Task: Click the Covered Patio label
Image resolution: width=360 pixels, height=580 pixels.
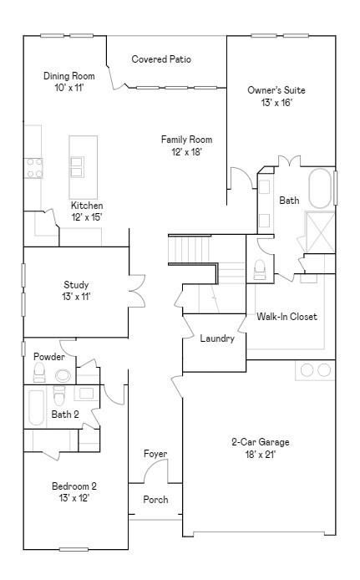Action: point(161,59)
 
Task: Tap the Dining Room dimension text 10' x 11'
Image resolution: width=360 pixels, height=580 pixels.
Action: point(68,88)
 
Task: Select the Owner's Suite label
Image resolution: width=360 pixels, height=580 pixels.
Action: point(276,90)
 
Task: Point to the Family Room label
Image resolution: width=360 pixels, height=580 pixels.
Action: point(186,140)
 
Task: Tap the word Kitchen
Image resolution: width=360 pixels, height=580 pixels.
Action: point(87,206)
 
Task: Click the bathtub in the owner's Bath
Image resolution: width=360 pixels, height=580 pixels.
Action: point(320,189)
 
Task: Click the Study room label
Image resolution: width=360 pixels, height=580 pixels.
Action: point(76,285)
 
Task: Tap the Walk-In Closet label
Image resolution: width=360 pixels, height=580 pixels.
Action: point(286,317)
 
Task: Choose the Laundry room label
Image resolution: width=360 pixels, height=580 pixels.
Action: point(217,338)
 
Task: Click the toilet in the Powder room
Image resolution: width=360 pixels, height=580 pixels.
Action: point(39,372)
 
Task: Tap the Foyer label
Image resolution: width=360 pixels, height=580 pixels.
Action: point(155,454)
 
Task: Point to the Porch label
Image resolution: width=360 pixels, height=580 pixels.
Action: point(155,500)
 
